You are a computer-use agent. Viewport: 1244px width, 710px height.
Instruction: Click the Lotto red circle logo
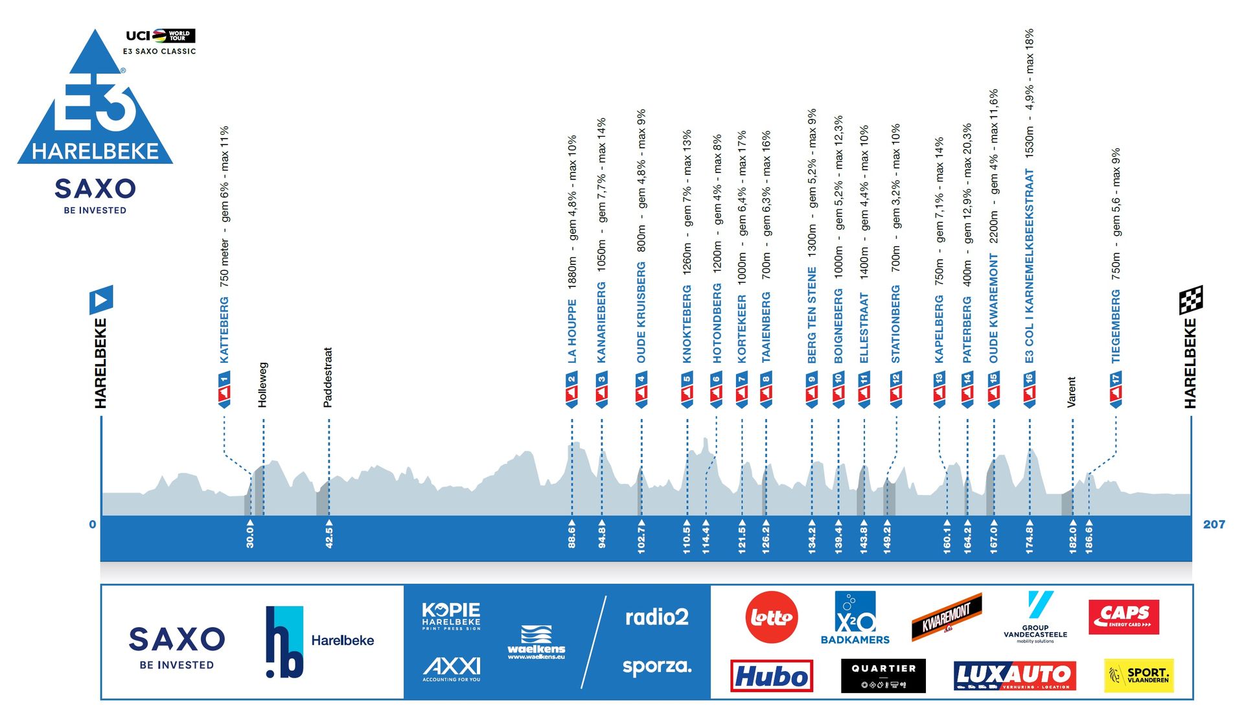click(x=771, y=617)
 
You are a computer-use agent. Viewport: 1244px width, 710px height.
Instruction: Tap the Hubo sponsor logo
click(x=771, y=676)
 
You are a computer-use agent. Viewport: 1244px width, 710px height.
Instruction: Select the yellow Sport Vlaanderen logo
click(x=1138, y=675)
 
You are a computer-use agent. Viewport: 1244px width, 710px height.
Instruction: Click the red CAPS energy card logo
click(x=1123, y=616)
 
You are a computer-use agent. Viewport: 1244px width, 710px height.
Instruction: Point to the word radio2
click(x=656, y=617)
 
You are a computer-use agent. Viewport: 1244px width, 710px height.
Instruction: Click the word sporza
click(x=656, y=666)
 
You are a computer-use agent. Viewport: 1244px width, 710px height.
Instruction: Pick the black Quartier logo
click(x=883, y=676)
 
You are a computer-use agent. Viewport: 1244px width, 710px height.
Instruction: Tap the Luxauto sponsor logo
click(x=1015, y=676)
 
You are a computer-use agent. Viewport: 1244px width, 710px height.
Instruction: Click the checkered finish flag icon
click(x=1191, y=300)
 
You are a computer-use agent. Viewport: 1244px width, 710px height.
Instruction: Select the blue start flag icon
click(x=101, y=300)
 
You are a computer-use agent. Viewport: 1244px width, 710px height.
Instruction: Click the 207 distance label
click(x=1214, y=525)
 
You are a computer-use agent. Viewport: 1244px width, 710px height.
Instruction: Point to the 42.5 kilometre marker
click(x=329, y=538)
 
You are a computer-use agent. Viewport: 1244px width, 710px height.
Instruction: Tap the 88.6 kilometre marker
click(x=571, y=538)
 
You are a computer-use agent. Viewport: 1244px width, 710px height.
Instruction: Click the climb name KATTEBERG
click(x=224, y=330)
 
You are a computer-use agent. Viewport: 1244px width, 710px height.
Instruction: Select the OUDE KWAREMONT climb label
click(x=993, y=308)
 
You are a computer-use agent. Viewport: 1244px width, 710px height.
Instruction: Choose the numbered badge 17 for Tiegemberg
click(x=1115, y=389)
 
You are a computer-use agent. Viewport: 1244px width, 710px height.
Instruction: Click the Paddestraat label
click(x=328, y=378)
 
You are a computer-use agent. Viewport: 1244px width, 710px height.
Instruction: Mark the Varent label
click(x=1072, y=392)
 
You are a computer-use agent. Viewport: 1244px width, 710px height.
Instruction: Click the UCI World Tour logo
click(x=160, y=36)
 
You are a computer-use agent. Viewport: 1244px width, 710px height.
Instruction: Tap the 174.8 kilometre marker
click(x=1030, y=538)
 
